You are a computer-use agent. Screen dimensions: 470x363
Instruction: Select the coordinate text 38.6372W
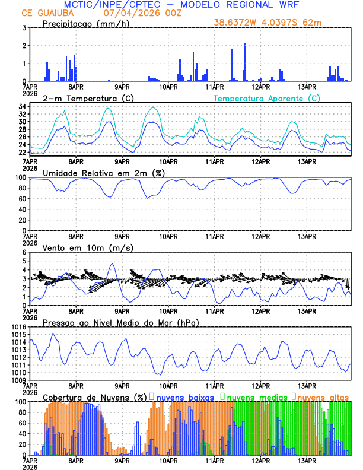click(x=237, y=23)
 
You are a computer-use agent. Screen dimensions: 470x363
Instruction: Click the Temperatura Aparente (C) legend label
click(x=266, y=98)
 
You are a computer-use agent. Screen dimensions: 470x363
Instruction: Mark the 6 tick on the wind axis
click(x=24, y=252)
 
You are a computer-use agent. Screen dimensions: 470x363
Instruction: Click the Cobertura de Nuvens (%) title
click(x=94, y=396)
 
